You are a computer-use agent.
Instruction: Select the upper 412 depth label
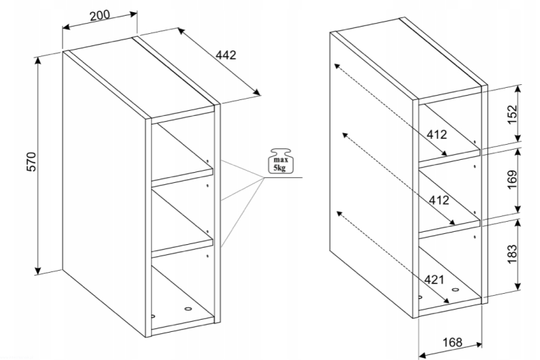pos(436,134)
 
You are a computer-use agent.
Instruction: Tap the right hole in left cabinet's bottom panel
pos(189,309)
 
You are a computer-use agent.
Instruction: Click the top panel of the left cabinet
pos(140,76)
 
